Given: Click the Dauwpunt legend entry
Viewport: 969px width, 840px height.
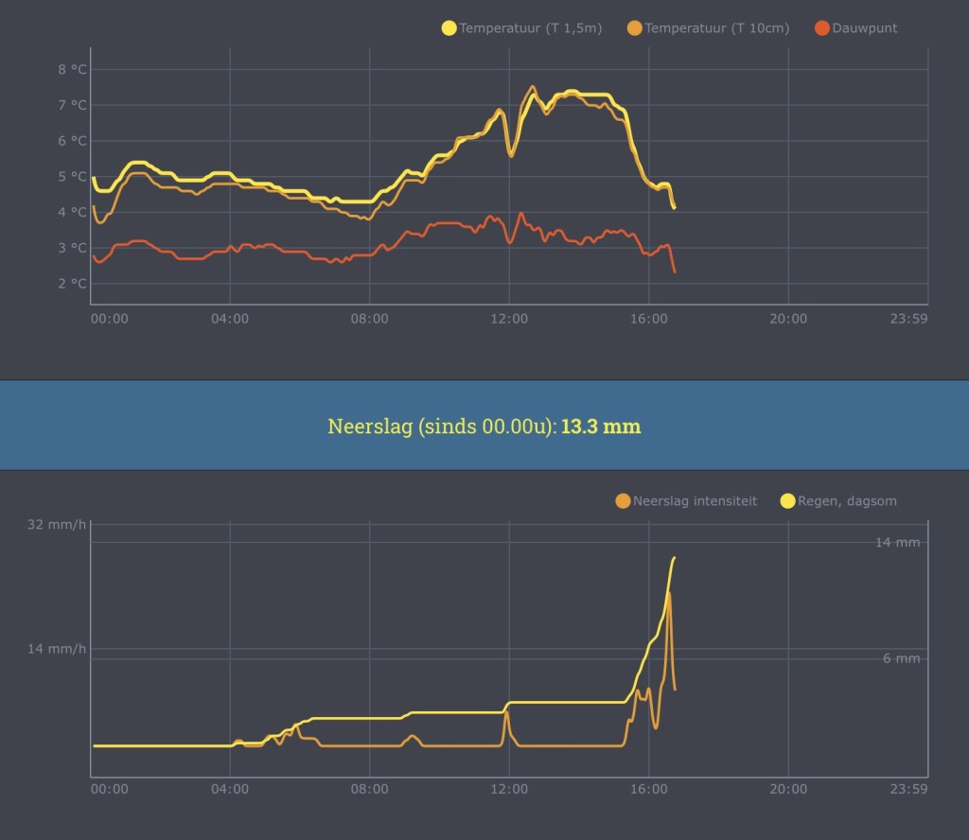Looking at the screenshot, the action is click(855, 27).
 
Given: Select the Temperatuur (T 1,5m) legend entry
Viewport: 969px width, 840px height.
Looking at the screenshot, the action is click(521, 27).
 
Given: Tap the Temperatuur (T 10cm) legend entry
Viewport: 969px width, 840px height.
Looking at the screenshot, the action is click(708, 27).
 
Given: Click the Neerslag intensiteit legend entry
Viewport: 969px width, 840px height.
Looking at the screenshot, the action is click(686, 501).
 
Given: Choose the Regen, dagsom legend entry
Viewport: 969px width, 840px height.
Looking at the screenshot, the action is click(838, 501).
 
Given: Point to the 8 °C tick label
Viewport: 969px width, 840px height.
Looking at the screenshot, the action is click(72, 69).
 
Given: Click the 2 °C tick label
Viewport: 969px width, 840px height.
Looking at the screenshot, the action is click(72, 284).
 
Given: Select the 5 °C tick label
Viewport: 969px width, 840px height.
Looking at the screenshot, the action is click(72, 177).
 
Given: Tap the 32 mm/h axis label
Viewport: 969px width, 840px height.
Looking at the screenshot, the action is click(56, 524).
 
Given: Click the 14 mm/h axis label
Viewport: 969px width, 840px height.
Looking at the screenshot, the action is click(56, 649).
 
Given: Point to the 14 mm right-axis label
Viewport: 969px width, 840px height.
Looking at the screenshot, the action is click(897, 542).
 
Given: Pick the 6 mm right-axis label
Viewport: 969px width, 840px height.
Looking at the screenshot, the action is click(901, 658).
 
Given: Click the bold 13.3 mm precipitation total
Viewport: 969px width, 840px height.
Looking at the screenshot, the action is click(601, 427).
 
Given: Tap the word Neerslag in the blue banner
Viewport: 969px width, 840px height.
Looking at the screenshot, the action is click(370, 427).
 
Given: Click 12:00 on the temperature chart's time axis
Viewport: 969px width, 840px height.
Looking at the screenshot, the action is click(509, 319).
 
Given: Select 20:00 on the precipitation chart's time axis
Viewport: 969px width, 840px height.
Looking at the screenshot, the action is click(788, 789).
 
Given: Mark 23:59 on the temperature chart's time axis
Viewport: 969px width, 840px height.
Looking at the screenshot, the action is click(908, 319).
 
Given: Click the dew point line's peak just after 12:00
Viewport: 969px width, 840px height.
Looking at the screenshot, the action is click(521, 214).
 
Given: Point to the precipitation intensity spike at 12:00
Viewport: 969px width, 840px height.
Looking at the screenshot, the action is click(507, 712).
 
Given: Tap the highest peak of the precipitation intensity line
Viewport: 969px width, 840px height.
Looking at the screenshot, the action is click(669, 593).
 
